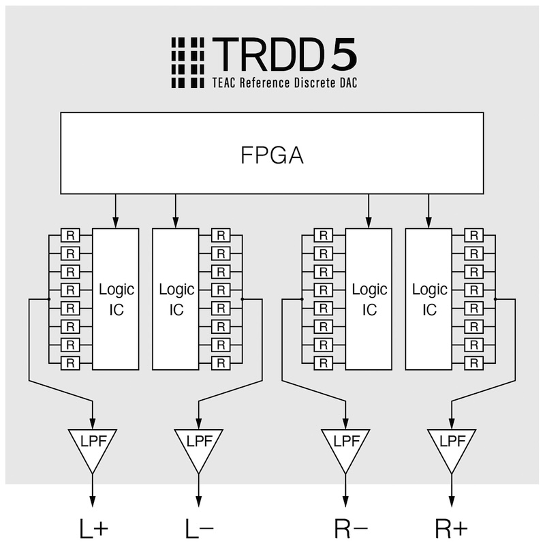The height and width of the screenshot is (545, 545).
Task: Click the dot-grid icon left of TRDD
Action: click(x=187, y=62)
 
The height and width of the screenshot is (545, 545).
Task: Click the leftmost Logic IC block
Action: click(x=115, y=299)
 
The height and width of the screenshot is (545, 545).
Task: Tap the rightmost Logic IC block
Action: click(x=429, y=299)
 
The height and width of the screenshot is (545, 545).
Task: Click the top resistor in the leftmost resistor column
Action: click(x=70, y=236)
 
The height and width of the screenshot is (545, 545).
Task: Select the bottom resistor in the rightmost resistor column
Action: click(x=473, y=363)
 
